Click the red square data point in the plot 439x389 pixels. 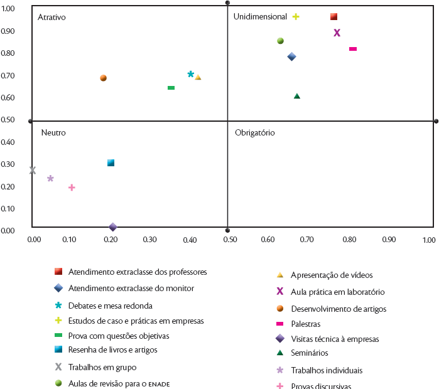[x=334, y=16]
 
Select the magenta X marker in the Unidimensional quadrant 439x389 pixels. [x=337, y=33]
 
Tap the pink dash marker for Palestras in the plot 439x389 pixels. [x=353, y=49]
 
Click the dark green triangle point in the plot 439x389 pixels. [x=297, y=96]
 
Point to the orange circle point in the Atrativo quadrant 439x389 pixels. [x=104, y=78]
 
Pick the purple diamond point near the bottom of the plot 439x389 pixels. [x=113, y=226]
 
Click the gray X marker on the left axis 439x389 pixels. [x=33, y=170]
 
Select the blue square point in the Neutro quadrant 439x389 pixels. [x=111, y=163]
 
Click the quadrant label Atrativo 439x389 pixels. [x=51, y=18]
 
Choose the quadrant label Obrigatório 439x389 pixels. [x=255, y=133]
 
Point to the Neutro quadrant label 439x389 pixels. [x=53, y=133]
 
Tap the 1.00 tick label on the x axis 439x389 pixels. [x=429, y=240]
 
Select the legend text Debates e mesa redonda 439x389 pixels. [x=111, y=306]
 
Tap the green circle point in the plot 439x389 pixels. [x=280, y=41]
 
